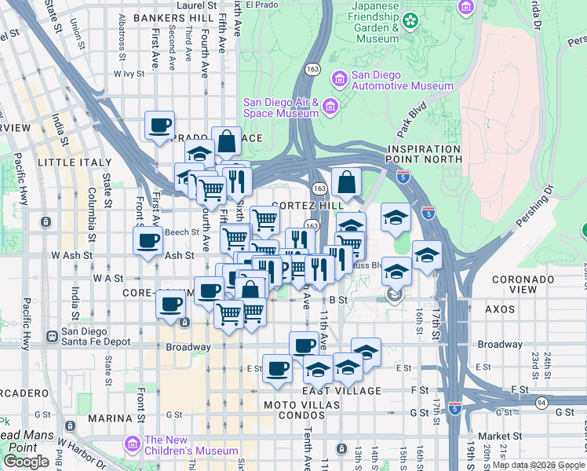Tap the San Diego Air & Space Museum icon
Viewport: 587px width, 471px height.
point(330,106)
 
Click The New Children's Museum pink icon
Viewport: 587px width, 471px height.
point(132,445)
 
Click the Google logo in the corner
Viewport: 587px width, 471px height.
point(26,462)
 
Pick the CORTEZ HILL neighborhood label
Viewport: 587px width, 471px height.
point(308,205)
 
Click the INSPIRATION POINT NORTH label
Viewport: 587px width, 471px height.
point(424,154)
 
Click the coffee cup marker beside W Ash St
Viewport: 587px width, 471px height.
point(148,241)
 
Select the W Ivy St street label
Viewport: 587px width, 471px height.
point(130,74)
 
